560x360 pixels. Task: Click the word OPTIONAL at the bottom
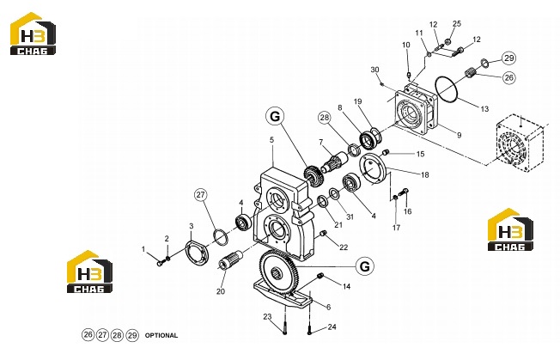pyautogui.click(x=161, y=335)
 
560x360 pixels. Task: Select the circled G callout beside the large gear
pyautogui.click(x=365, y=266)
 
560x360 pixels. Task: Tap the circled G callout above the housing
pyautogui.click(x=275, y=117)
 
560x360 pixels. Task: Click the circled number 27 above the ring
pyautogui.click(x=201, y=195)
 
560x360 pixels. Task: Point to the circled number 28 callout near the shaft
pyautogui.click(x=325, y=118)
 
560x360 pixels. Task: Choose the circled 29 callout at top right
pyautogui.click(x=509, y=58)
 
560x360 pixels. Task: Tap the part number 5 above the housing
pyautogui.click(x=271, y=140)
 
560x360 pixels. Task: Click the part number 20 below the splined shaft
pyautogui.click(x=221, y=291)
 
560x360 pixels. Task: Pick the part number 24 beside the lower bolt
pyautogui.click(x=332, y=326)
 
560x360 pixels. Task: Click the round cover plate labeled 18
pyautogui.click(x=372, y=168)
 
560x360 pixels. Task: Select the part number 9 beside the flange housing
pyautogui.click(x=460, y=135)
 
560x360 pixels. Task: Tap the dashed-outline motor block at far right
pyautogui.click(x=520, y=143)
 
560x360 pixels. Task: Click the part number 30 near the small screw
pyautogui.click(x=374, y=70)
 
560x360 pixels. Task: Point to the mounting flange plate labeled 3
pyautogui.click(x=197, y=253)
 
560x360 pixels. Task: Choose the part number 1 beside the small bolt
pyautogui.click(x=143, y=249)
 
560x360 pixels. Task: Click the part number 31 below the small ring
pyautogui.click(x=350, y=217)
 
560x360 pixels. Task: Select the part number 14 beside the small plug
pyautogui.click(x=346, y=286)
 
